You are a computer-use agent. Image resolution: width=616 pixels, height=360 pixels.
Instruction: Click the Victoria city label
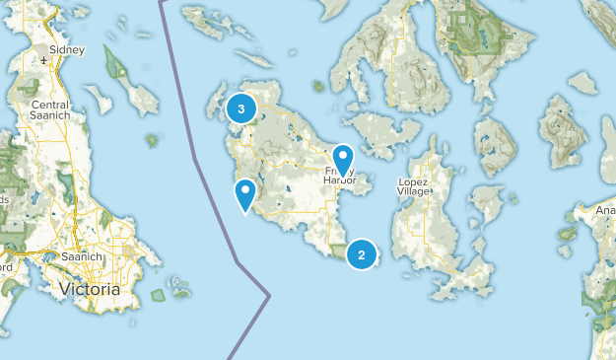[x=90, y=290]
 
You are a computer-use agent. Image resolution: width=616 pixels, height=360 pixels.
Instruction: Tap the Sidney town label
[x=66, y=48]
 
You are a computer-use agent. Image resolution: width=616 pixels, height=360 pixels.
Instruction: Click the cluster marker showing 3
[x=240, y=108]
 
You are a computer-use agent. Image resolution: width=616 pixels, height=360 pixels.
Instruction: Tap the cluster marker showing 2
[x=362, y=255]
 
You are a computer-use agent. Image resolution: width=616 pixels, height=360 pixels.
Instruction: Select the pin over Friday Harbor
[x=343, y=159]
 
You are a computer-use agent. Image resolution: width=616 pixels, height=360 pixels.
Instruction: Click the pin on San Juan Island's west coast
[x=245, y=193]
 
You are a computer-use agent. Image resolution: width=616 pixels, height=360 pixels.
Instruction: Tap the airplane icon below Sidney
[x=46, y=61]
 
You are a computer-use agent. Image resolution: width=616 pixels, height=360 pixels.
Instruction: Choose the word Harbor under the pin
[x=341, y=181]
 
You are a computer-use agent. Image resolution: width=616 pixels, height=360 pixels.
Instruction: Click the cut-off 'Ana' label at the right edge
[x=605, y=209]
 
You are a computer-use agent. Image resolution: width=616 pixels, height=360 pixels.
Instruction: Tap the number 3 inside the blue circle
[x=240, y=108]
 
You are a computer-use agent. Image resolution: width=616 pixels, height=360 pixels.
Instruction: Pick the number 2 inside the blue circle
[x=362, y=255]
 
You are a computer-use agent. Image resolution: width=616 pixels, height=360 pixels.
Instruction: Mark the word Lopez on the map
[x=412, y=182]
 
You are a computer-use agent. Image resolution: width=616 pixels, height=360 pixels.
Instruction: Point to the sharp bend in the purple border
[x=269, y=294]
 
